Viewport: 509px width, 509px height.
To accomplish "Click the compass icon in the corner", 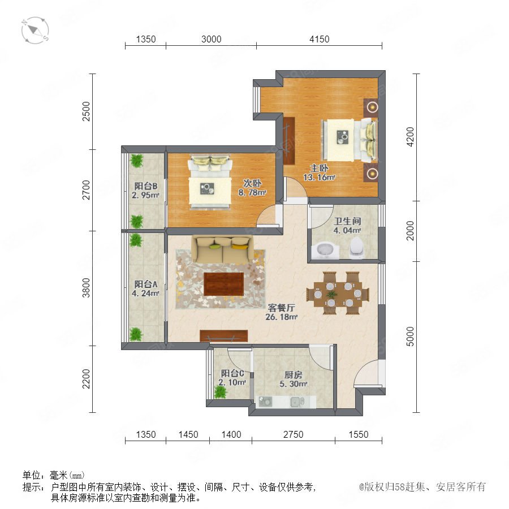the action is pyautogui.click(x=35, y=30).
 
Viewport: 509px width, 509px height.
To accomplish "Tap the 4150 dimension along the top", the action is pyautogui.click(x=320, y=39).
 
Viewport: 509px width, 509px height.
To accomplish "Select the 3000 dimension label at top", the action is pyautogui.click(x=212, y=39).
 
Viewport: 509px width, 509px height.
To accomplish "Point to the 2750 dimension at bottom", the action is pyautogui.click(x=293, y=434).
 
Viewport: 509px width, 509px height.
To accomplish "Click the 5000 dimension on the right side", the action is pyautogui.click(x=411, y=337).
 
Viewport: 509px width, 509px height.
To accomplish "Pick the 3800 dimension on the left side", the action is pyautogui.click(x=86, y=288).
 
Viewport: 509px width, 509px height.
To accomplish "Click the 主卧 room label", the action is pyautogui.click(x=319, y=168).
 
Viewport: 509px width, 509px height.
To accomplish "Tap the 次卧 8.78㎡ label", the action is pyautogui.click(x=252, y=188).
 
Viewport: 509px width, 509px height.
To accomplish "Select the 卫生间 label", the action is pyautogui.click(x=348, y=221).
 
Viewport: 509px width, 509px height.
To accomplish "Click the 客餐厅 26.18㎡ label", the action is pyautogui.click(x=282, y=312).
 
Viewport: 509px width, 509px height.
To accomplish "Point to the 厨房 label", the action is pyautogui.click(x=293, y=374).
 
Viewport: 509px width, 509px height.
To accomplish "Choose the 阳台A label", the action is pyautogui.click(x=146, y=284).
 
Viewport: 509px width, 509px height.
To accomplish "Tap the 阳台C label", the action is pyautogui.click(x=232, y=373).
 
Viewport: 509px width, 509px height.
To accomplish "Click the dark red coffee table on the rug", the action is pyautogui.click(x=223, y=284).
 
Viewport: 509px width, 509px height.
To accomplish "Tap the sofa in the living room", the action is pyautogui.click(x=222, y=249).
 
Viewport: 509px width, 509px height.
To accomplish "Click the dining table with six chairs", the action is pyautogui.click(x=338, y=293).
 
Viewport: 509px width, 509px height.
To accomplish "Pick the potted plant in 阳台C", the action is pyautogui.click(x=221, y=392).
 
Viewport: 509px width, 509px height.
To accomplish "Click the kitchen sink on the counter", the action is pyautogui.click(x=297, y=402).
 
